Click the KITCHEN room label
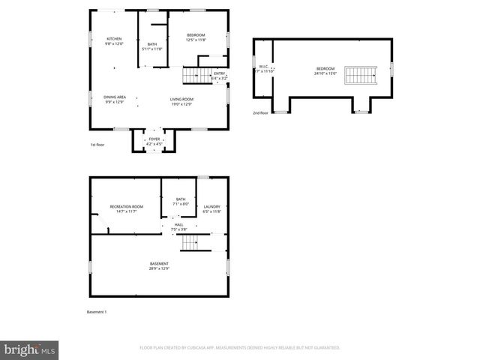(x=114, y=39)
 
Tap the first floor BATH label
(x=152, y=45)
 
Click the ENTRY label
(x=219, y=73)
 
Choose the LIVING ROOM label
(x=181, y=99)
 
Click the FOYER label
(x=154, y=138)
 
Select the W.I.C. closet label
(x=263, y=67)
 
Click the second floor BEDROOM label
(x=325, y=68)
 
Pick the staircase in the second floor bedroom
(x=360, y=74)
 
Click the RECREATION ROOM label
(x=126, y=207)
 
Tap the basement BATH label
(x=180, y=199)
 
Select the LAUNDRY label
(x=212, y=207)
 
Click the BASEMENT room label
(x=159, y=264)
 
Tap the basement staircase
(x=192, y=242)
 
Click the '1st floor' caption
(x=97, y=144)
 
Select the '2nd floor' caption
(x=260, y=113)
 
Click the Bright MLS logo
(x=30, y=349)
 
